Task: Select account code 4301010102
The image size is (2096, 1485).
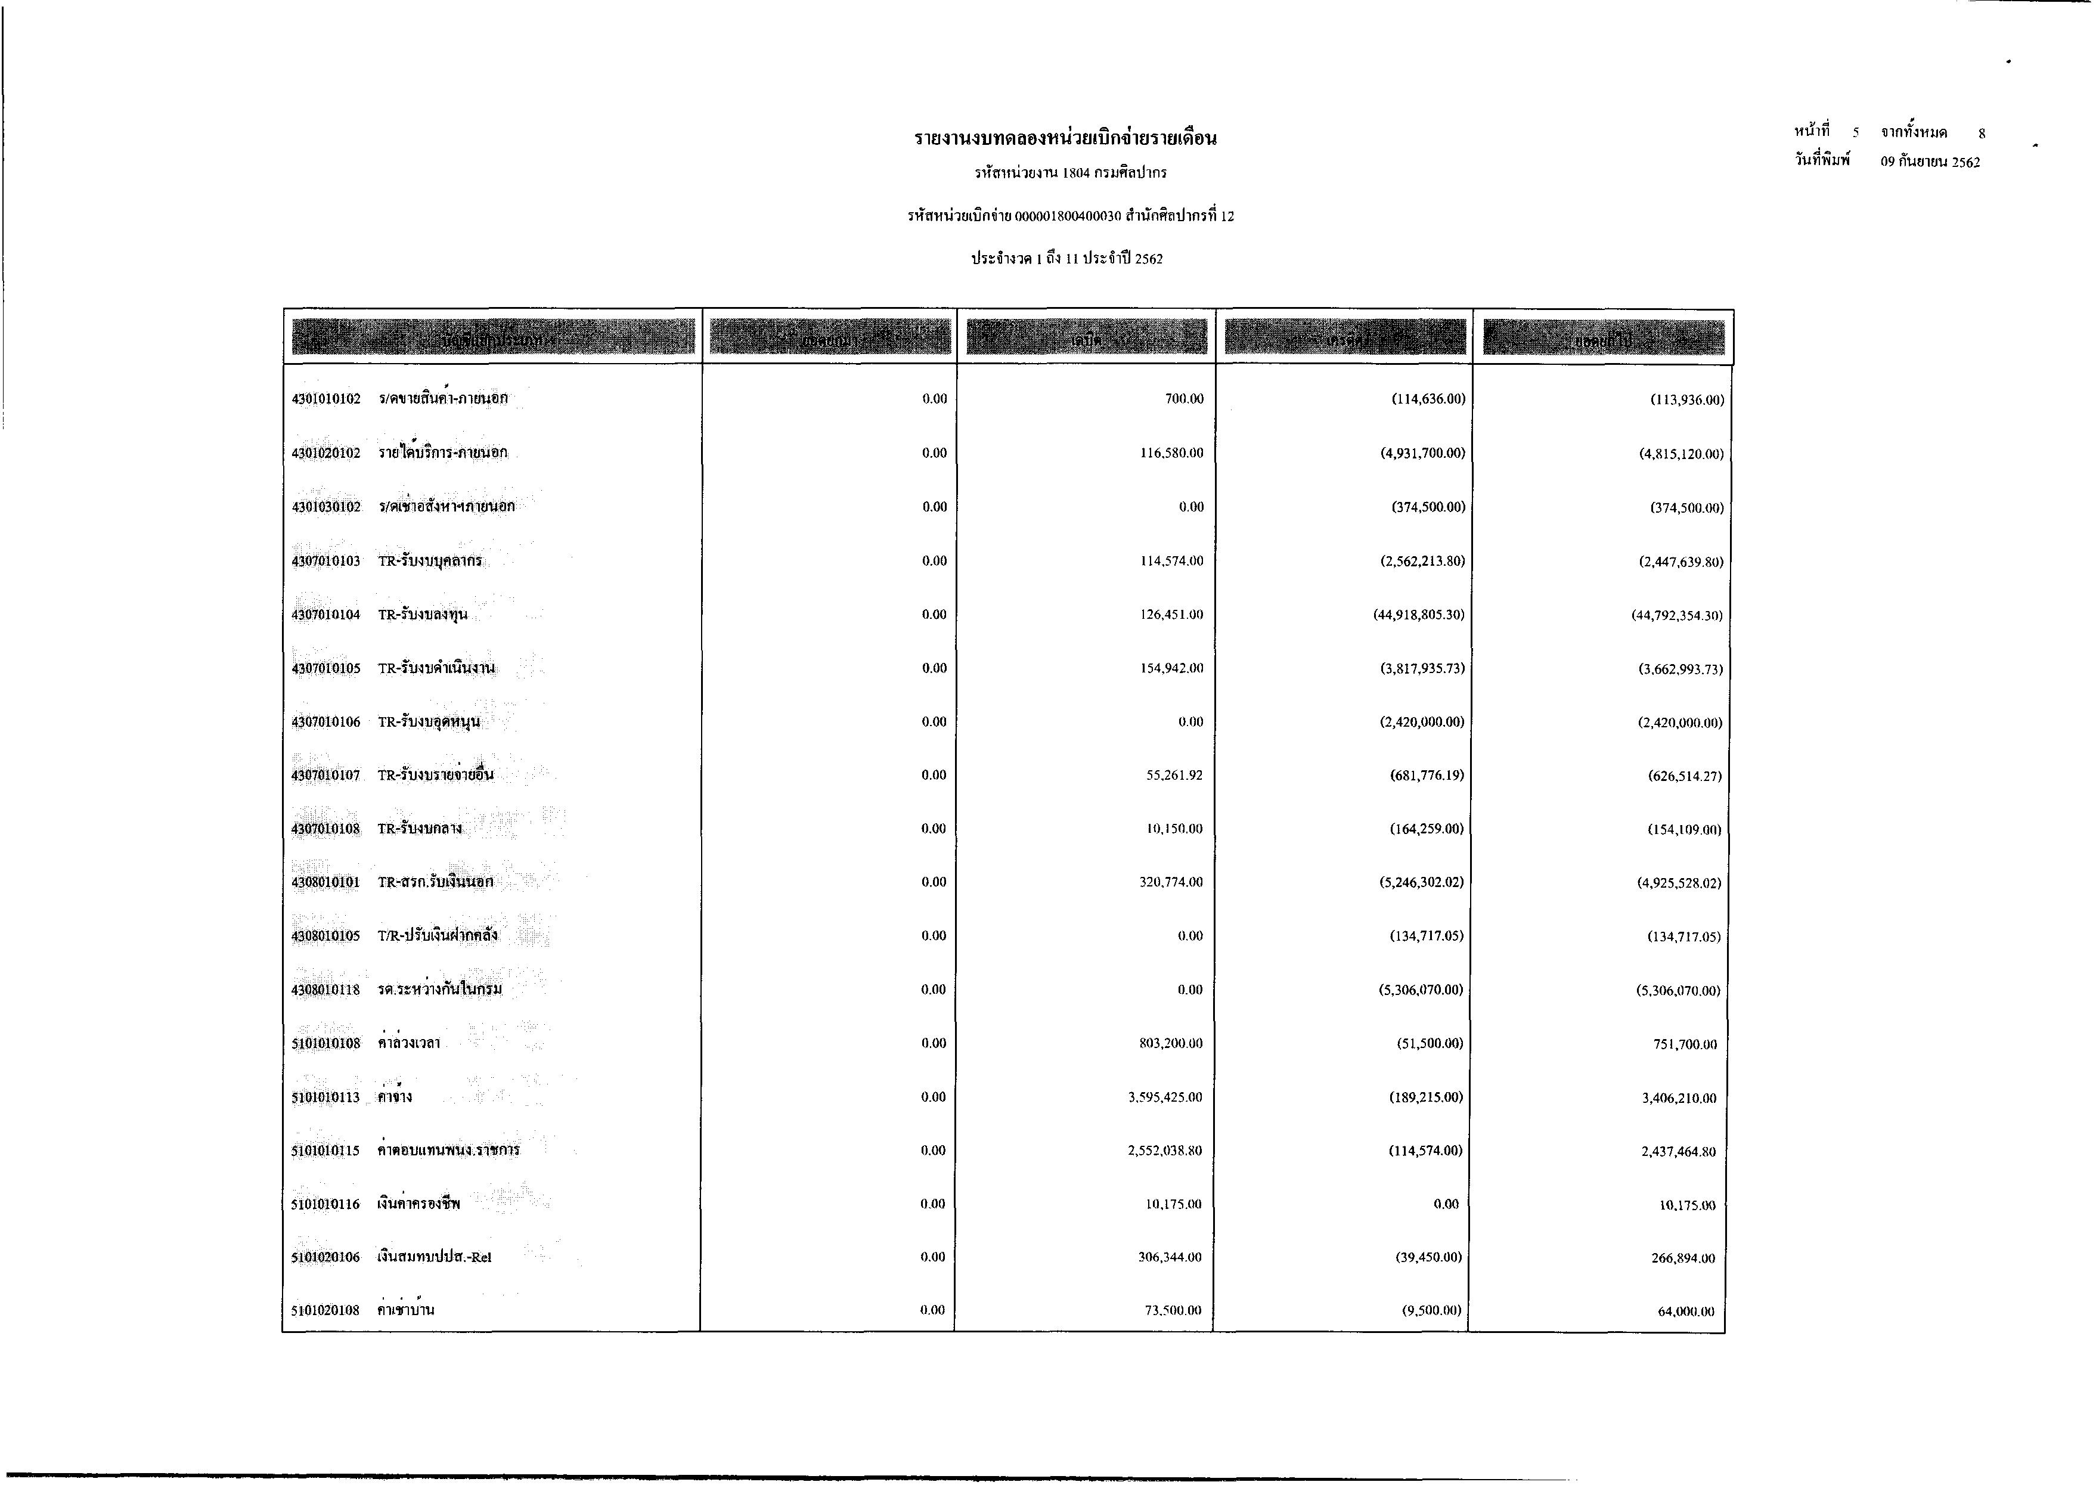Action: (327, 399)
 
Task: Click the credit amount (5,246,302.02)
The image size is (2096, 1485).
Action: (1421, 882)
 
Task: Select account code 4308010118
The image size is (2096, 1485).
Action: (327, 990)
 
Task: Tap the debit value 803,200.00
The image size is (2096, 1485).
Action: (1171, 1043)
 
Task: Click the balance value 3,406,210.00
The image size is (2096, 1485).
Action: (1679, 1098)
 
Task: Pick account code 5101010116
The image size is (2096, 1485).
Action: (327, 1204)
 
